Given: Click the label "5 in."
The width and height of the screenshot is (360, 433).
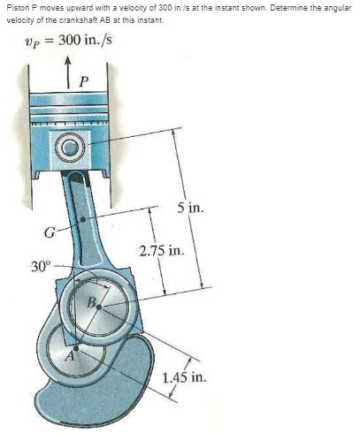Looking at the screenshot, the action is (190, 208).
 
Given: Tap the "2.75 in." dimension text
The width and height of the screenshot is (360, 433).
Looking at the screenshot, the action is (162, 251).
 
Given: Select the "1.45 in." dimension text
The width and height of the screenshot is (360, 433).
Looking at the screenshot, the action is (185, 377).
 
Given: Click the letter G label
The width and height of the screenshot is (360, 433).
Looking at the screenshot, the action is (49, 232).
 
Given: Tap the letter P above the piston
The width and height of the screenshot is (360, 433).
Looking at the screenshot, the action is (84, 80).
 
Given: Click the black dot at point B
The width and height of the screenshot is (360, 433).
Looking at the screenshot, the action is (99, 308).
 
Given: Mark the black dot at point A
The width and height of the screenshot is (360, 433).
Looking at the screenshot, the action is (76, 348).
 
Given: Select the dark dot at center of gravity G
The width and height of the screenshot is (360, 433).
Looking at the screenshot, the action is (83, 219).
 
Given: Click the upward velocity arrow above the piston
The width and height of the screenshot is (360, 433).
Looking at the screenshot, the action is (68, 72).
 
